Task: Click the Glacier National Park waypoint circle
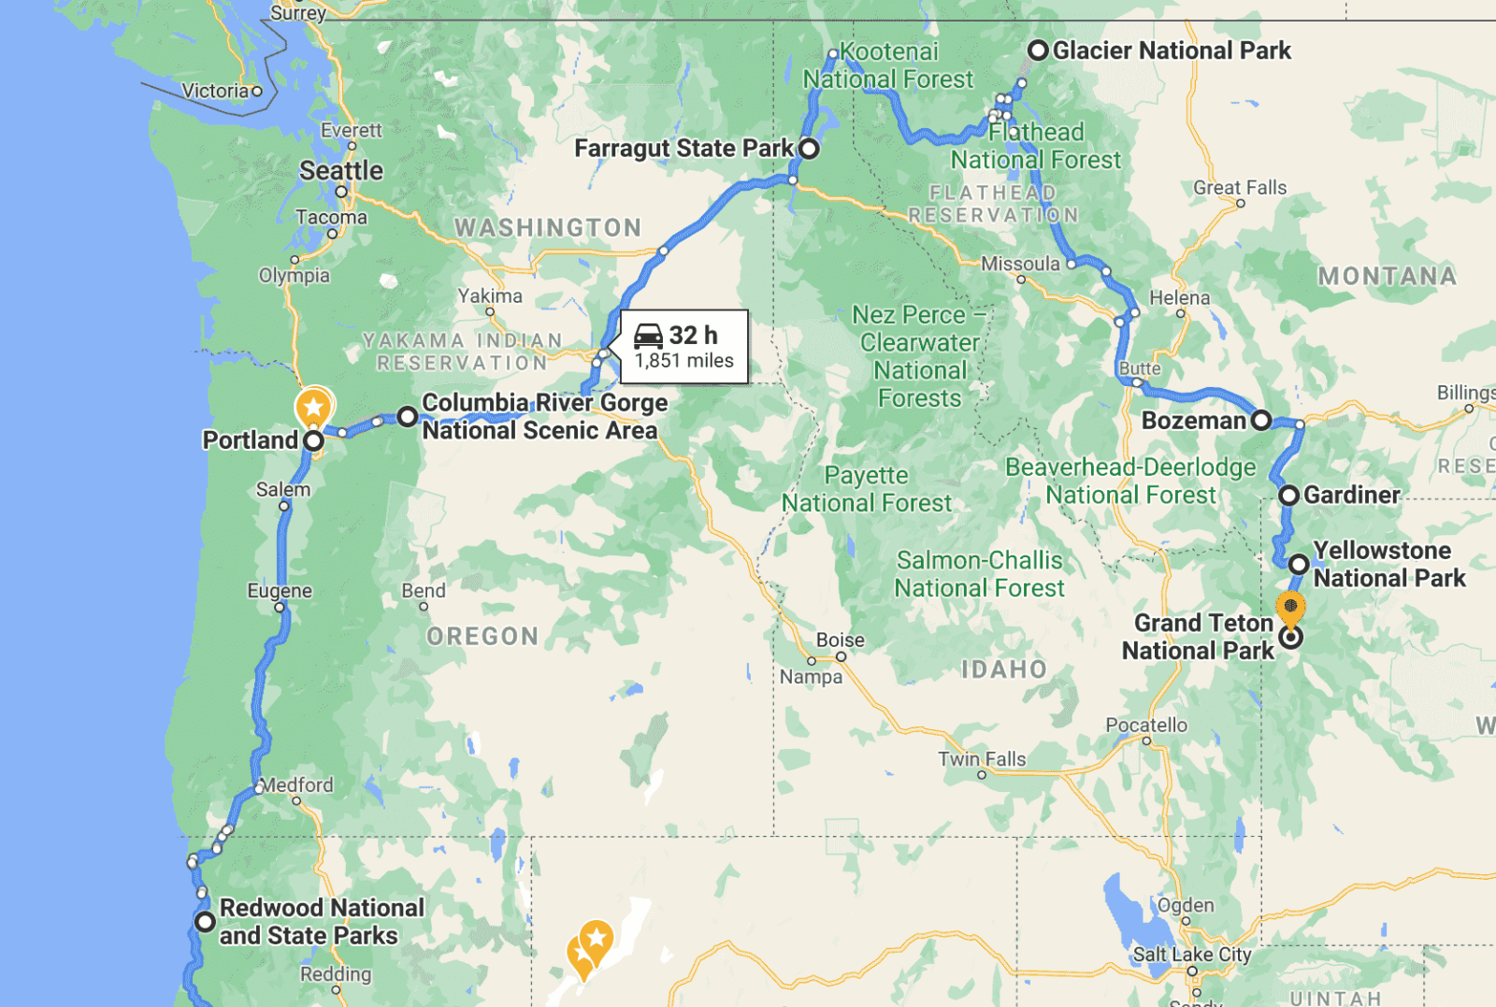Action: click(x=1037, y=50)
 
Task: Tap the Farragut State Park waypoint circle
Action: click(x=809, y=149)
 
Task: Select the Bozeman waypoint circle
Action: click(x=1261, y=421)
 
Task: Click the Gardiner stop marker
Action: click(x=1289, y=496)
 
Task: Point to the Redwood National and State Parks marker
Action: click(x=205, y=922)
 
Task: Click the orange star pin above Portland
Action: click(x=314, y=408)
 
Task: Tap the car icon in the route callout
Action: click(x=648, y=336)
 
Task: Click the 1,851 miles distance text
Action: click(x=683, y=362)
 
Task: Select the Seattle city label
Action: click(x=341, y=171)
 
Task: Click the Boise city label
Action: click(x=840, y=640)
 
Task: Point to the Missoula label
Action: click(x=1020, y=265)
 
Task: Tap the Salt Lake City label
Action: click(x=1191, y=955)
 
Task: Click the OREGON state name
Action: click(x=482, y=637)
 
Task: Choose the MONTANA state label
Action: click(x=1387, y=277)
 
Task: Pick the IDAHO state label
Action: click(x=1003, y=669)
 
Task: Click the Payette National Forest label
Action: click(x=867, y=489)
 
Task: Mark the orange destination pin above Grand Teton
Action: click(x=1290, y=608)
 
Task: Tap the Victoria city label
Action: click(x=215, y=91)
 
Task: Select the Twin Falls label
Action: click(x=982, y=759)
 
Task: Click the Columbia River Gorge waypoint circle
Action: click(x=407, y=417)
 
